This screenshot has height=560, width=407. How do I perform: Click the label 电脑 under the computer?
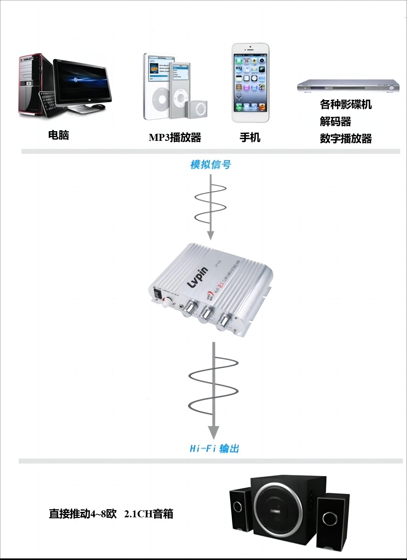point(58,135)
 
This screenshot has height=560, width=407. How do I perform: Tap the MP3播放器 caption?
point(175,137)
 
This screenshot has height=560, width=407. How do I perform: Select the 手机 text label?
point(250,137)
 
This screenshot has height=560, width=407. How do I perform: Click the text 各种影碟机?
point(346,104)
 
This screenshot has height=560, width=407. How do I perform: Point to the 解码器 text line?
point(335,121)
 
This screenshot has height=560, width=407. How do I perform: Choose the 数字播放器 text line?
point(346,139)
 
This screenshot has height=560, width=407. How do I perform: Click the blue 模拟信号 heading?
point(210,165)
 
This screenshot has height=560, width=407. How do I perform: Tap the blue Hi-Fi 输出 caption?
point(214,449)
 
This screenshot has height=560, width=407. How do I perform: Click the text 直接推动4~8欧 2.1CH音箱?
point(111,514)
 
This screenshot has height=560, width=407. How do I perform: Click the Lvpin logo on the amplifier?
point(198,277)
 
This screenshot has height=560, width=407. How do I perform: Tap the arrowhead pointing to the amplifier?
point(210,235)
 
